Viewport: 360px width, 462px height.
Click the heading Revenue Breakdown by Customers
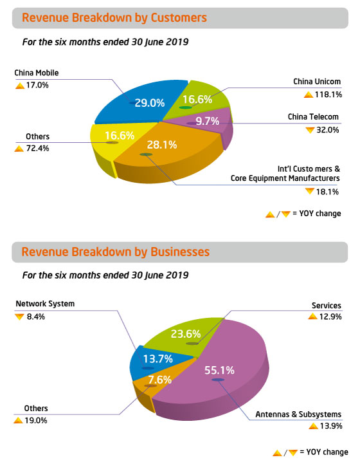(x=114, y=18)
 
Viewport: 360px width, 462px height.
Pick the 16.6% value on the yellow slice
(x=119, y=135)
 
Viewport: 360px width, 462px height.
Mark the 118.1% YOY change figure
(x=327, y=94)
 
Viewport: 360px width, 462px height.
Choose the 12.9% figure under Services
(x=327, y=316)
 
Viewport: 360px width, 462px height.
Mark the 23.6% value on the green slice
(x=186, y=334)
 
